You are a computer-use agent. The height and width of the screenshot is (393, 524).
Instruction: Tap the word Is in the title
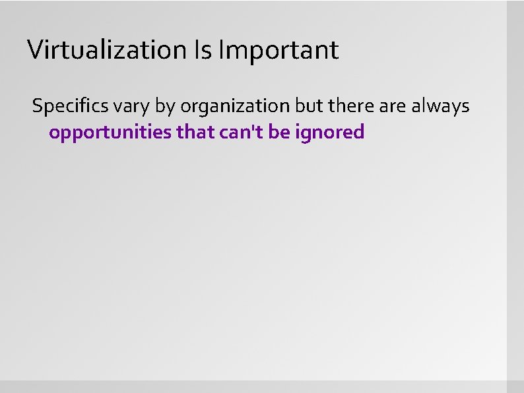pos(202,49)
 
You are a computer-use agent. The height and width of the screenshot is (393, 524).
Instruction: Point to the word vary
pos(125,106)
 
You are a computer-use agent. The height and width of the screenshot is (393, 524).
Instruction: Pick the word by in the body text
pos(162,106)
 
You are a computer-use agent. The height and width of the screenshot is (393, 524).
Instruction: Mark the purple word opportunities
pos(110,133)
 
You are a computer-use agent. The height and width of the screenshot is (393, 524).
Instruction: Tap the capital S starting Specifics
pos(37,106)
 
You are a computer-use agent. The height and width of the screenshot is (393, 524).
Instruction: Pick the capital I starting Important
pos(220,49)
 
